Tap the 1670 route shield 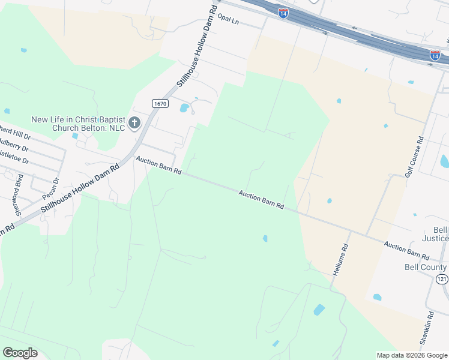click(x=160, y=103)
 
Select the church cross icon click(x=134, y=123)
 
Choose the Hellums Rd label click(x=340, y=258)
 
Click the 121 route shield click(x=443, y=280)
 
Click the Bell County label click(x=426, y=268)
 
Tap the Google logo click(x=20, y=353)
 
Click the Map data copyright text click(x=412, y=355)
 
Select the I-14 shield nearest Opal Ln click(x=283, y=13)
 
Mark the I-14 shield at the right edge click(x=436, y=55)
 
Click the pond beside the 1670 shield click(x=184, y=109)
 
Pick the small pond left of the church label click(x=7, y=111)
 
